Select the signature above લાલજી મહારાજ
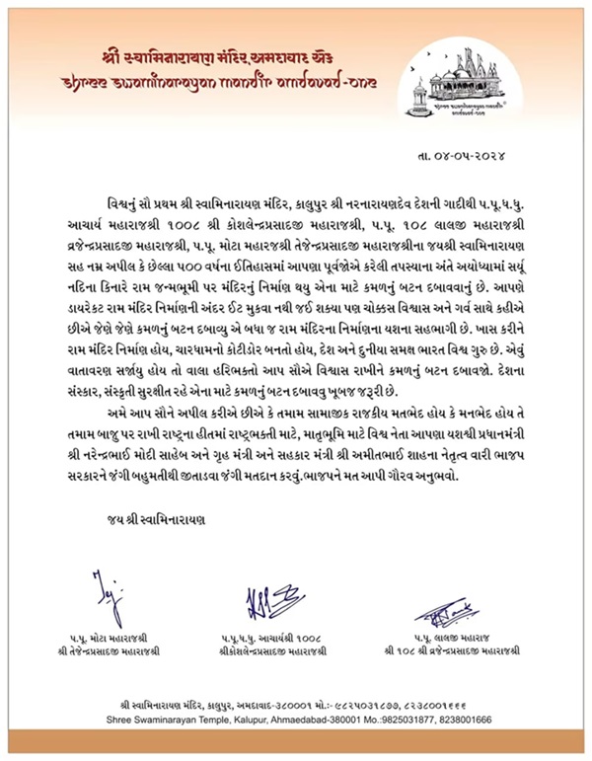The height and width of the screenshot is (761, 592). pos(463,612)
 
